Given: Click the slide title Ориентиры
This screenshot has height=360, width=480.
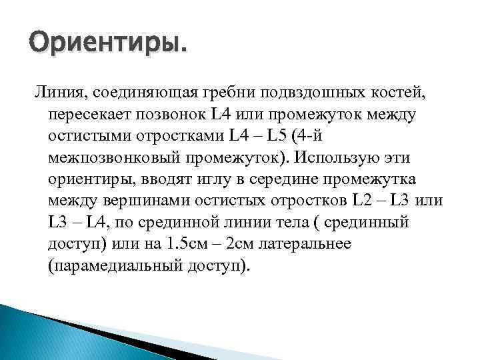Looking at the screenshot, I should coord(107,45).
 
